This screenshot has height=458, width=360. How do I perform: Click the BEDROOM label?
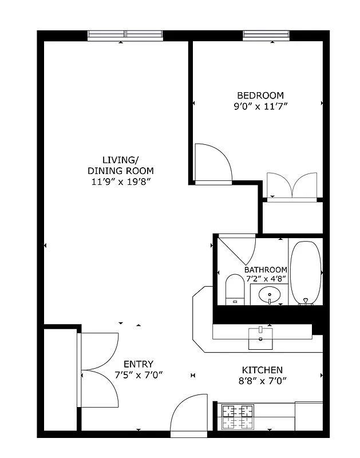[x=260, y=95]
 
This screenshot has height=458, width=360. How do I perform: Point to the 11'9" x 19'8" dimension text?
[x=120, y=181]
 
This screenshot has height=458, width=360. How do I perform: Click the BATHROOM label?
[x=266, y=270]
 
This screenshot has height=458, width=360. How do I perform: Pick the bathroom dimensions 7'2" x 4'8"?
[x=266, y=279]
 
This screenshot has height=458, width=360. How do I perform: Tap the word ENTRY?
[x=139, y=364]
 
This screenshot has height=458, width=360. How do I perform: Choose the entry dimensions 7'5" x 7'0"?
[x=139, y=375]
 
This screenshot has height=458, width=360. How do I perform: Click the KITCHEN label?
[x=262, y=370]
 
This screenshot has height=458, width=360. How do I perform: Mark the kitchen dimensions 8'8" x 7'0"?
[x=262, y=380]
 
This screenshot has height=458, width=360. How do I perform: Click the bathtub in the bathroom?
[x=306, y=272]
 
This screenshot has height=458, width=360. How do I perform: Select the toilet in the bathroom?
[x=235, y=289]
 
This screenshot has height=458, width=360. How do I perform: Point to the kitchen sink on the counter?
[x=261, y=338]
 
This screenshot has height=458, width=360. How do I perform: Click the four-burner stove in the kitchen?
[x=238, y=416]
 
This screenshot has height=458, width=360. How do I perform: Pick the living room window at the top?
[x=125, y=35]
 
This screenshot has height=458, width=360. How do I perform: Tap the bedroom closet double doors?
[x=292, y=185]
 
